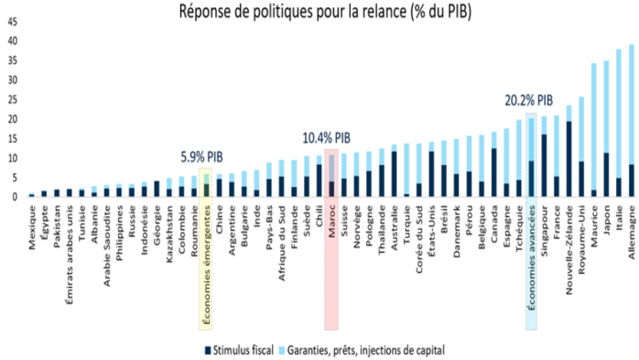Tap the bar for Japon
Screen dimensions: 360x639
[606, 129]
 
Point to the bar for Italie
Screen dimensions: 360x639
[620, 123]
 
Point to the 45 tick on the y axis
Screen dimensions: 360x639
[12, 19]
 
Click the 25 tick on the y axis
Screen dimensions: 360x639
[12, 98]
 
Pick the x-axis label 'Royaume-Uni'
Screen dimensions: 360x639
[581, 232]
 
